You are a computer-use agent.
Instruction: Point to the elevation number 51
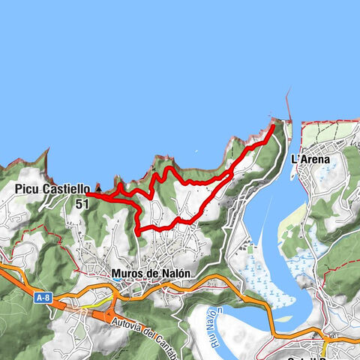coord(82,202)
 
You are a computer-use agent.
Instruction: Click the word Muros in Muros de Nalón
coord(127,274)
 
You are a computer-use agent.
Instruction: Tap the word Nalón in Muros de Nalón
coord(175,274)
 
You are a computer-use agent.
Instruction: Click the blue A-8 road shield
coord(44,298)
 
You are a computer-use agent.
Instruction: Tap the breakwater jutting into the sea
coord(289,105)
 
